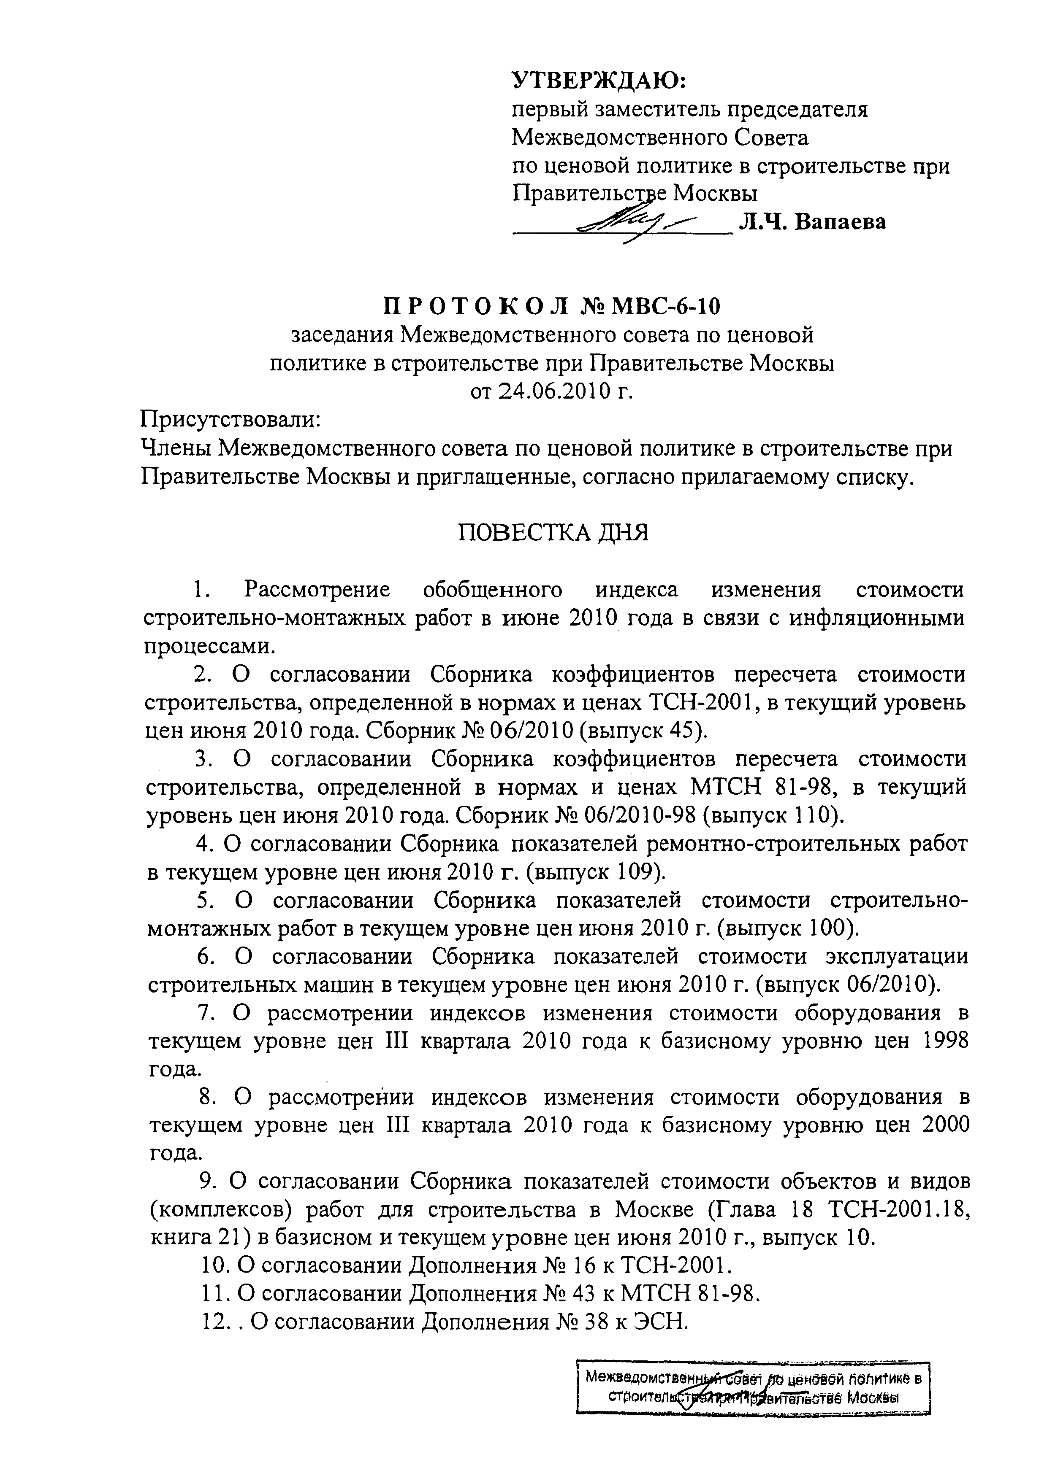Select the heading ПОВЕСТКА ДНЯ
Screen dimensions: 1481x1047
pyautogui.click(x=553, y=533)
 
